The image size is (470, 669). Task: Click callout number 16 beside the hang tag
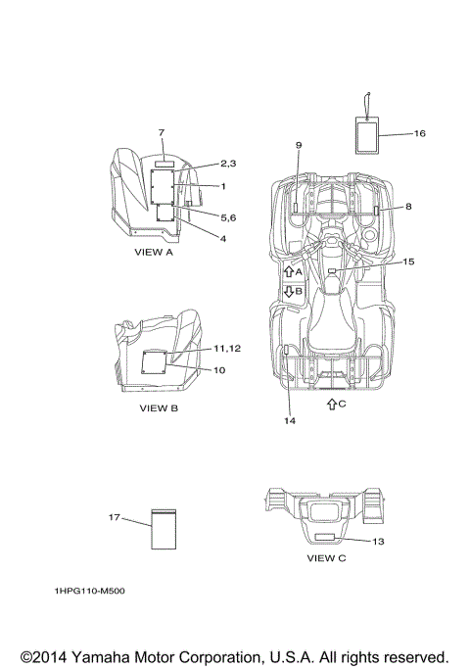(x=420, y=133)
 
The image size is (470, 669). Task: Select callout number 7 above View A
(x=162, y=132)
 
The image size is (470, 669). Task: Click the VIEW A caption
(x=154, y=252)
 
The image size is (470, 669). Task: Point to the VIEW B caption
(x=159, y=408)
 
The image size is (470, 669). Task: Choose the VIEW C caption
(x=326, y=558)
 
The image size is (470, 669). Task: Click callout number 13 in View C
(x=378, y=542)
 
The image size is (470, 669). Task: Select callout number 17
(x=114, y=517)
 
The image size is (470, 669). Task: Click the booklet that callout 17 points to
(x=164, y=529)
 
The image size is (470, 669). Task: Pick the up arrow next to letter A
(x=289, y=271)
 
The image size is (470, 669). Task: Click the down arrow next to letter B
(x=289, y=292)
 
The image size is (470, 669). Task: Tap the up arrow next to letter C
(x=332, y=404)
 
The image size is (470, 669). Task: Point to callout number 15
(x=408, y=262)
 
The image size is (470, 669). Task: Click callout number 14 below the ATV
(x=290, y=420)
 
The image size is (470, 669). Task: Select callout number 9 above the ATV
(x=299, y=145)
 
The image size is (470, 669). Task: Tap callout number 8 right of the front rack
(x=408, y=207)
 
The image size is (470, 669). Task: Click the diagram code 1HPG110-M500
(x=89, y=591)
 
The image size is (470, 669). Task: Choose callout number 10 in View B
(x=219, y=370)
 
